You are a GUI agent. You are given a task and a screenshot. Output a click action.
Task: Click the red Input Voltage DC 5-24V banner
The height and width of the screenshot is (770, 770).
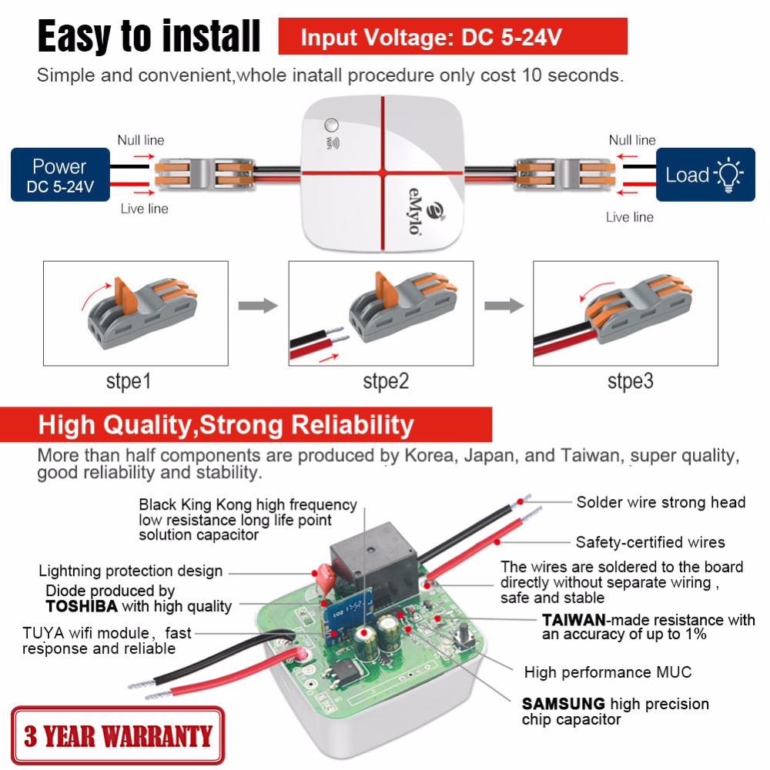(x=453, y=37)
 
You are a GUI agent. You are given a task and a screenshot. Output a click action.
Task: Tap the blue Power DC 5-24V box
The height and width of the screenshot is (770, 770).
(x=60, y=176)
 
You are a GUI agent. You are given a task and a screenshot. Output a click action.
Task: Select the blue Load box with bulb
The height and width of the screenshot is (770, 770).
(x=705, y=176)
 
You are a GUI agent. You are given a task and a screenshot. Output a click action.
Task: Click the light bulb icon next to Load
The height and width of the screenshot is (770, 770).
(x=728, y=174)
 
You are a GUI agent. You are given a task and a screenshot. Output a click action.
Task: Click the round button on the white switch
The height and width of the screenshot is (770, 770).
(x=333, y=125)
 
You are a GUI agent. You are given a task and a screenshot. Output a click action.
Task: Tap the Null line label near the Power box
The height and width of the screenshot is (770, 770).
(x=140, y=140)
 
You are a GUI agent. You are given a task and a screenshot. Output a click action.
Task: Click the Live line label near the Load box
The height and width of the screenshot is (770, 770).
(x=629, y=217)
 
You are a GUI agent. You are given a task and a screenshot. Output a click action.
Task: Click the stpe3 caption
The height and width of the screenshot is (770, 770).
(x=630, y=381)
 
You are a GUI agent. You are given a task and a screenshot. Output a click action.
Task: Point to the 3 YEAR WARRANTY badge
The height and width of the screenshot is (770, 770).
(x=117, y=735)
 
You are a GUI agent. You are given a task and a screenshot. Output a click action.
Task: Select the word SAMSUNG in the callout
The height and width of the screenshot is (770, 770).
(x=562, y=703)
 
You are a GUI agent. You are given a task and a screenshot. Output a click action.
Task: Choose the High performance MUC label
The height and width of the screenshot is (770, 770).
(x=608, y=672)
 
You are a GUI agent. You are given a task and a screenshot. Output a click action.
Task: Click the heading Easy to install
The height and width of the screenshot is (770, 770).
(x=149, y=37)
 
